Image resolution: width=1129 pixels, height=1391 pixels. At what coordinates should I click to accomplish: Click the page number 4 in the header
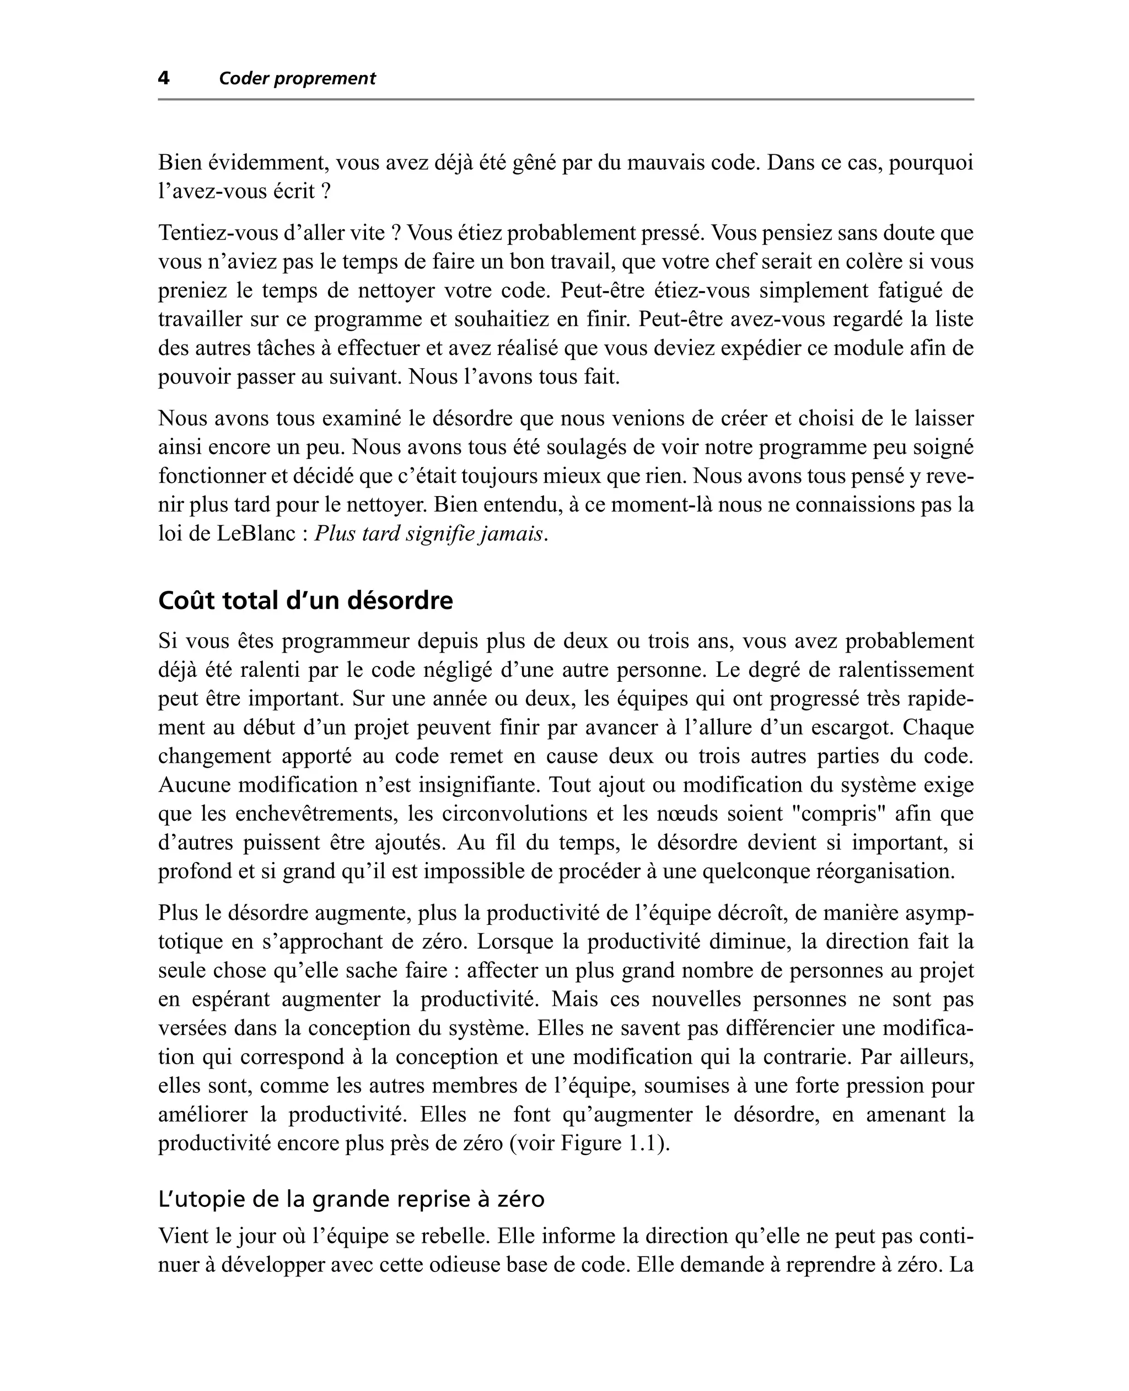(164, 79)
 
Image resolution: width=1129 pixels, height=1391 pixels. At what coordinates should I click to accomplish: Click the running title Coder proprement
(297, 79)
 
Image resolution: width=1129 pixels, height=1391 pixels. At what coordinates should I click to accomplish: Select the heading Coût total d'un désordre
(305, 601)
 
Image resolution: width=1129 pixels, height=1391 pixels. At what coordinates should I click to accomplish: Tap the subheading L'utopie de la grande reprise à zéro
(351, 1199)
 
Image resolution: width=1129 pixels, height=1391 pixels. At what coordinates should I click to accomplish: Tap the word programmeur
(343, 641)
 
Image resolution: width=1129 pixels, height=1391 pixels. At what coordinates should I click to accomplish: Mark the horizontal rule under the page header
(565, 99)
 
